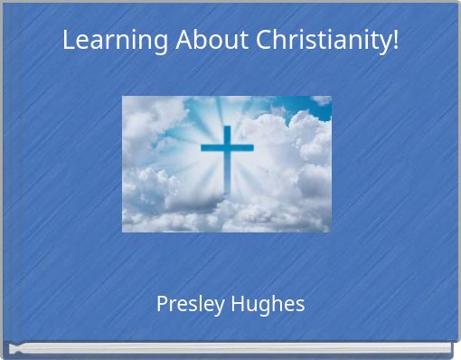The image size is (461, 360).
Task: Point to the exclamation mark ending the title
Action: [395, 41]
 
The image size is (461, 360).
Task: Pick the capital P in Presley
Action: [162, 303]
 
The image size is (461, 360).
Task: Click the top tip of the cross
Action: [227, 128]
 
